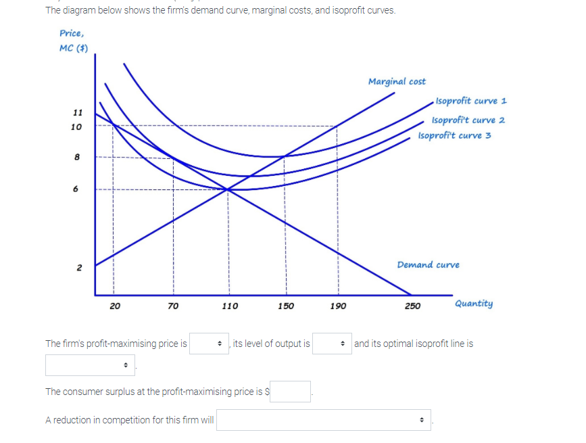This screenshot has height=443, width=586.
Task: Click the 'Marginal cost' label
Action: click(397, 82)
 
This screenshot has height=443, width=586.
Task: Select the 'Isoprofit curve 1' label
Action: click(471, 101)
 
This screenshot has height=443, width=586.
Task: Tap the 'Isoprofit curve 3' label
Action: click(454, 135)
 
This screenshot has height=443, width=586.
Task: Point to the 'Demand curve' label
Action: click(428, 264)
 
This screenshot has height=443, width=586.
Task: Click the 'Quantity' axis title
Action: click(474, 304)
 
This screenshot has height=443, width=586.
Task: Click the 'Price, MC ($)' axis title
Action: click(72, 40)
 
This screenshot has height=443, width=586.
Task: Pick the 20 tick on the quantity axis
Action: click(115, 306)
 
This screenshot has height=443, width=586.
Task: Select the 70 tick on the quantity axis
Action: click(174, 306)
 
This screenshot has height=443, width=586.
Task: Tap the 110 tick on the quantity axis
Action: click(230, 306)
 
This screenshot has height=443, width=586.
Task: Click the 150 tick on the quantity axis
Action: click(285, 306)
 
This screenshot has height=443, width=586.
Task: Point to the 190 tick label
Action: click(338, 306)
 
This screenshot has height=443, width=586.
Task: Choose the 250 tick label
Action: click(412, 306)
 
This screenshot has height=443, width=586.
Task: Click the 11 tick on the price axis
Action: click(77, 112)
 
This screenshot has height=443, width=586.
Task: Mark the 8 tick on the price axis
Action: click(77, 157)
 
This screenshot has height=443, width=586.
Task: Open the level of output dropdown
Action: click(332, 344)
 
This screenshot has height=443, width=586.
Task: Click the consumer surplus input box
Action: click(291, 391)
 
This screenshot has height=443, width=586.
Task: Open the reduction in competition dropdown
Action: click(324, 420)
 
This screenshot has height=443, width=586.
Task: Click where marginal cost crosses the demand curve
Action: click(228, 189)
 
